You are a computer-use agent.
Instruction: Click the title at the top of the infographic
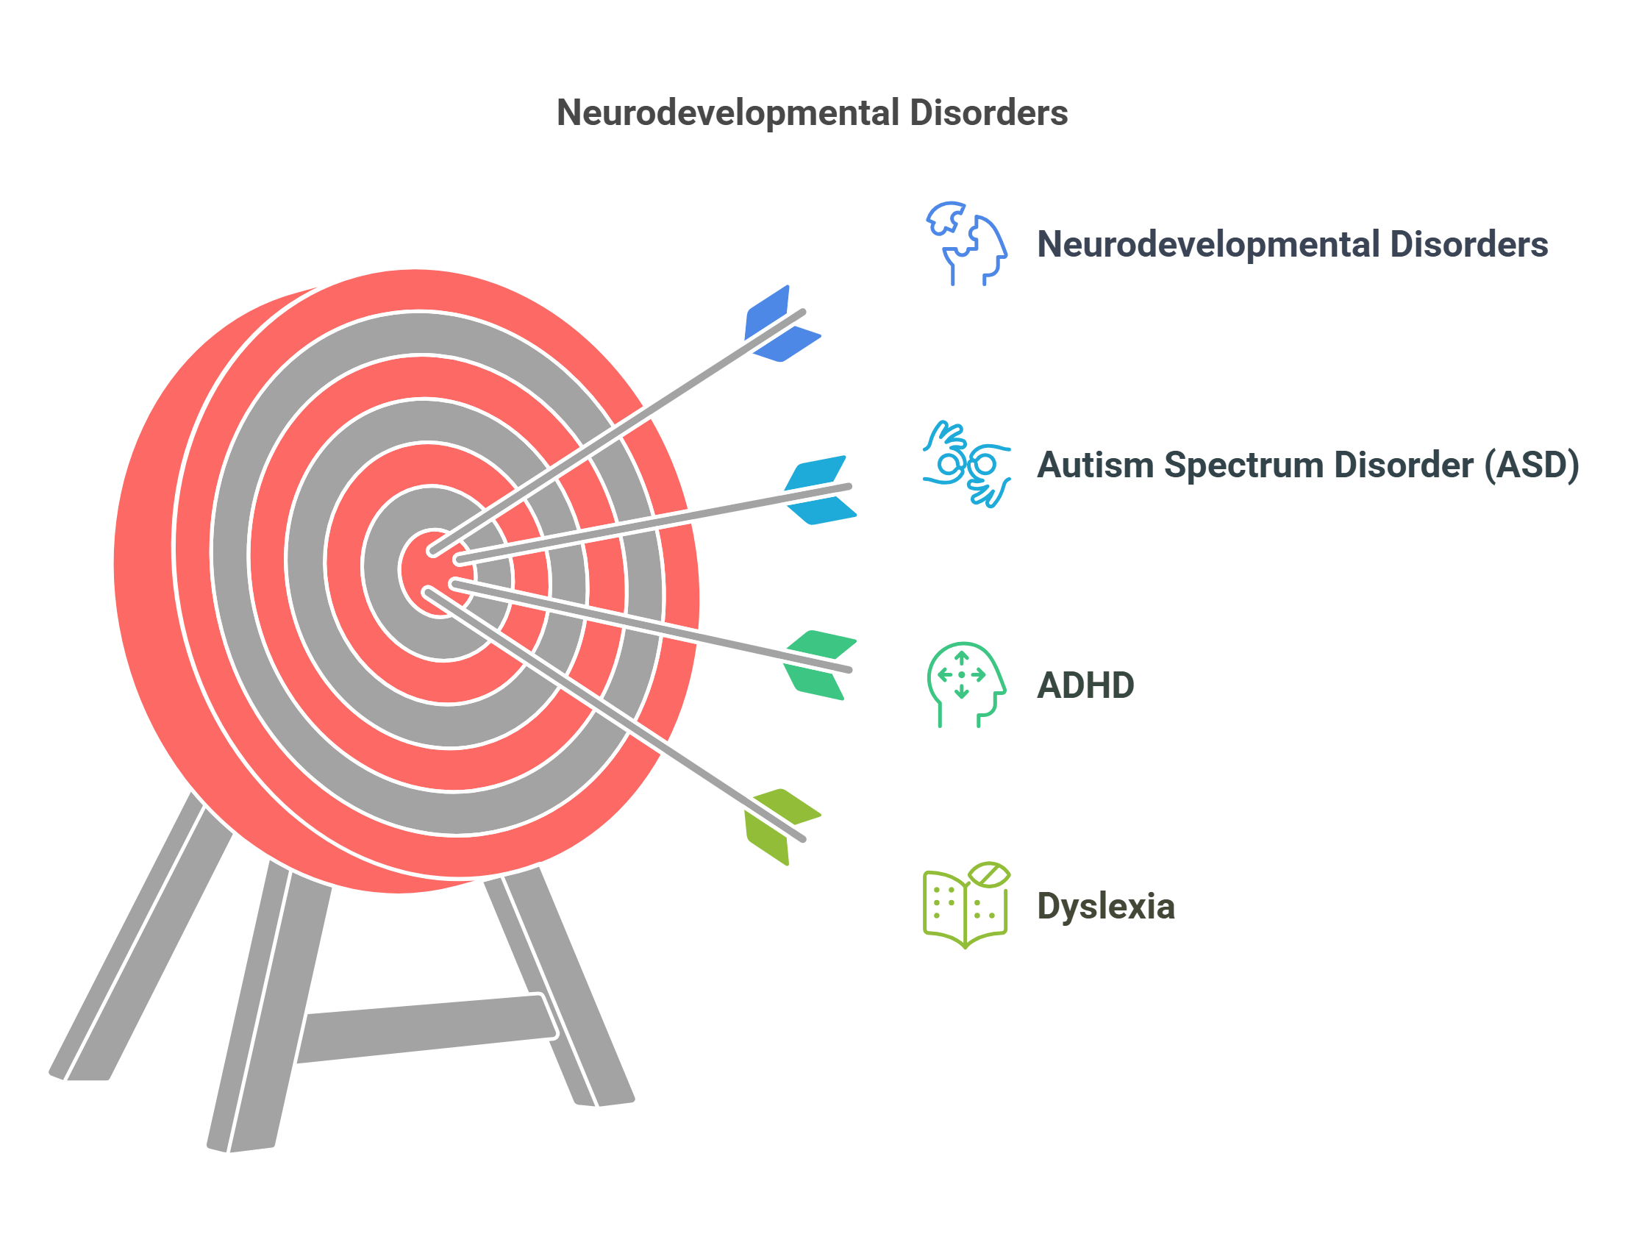tap(811, 113)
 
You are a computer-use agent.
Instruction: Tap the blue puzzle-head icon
tap(965, 243)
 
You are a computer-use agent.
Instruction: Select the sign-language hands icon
tap(965, 464)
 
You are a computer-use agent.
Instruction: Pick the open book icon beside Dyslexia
tap(965, 905)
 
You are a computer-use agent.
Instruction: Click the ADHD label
tap(1084, 685)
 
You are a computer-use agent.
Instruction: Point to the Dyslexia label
tap(1105, 905)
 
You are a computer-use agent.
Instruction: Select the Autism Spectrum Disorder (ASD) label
tap(1307, 465)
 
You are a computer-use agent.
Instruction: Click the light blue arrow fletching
tap(819, 490)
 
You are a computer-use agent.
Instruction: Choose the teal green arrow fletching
tap(819, 665)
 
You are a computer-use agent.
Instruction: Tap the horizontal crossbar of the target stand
tap(426, 1027)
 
